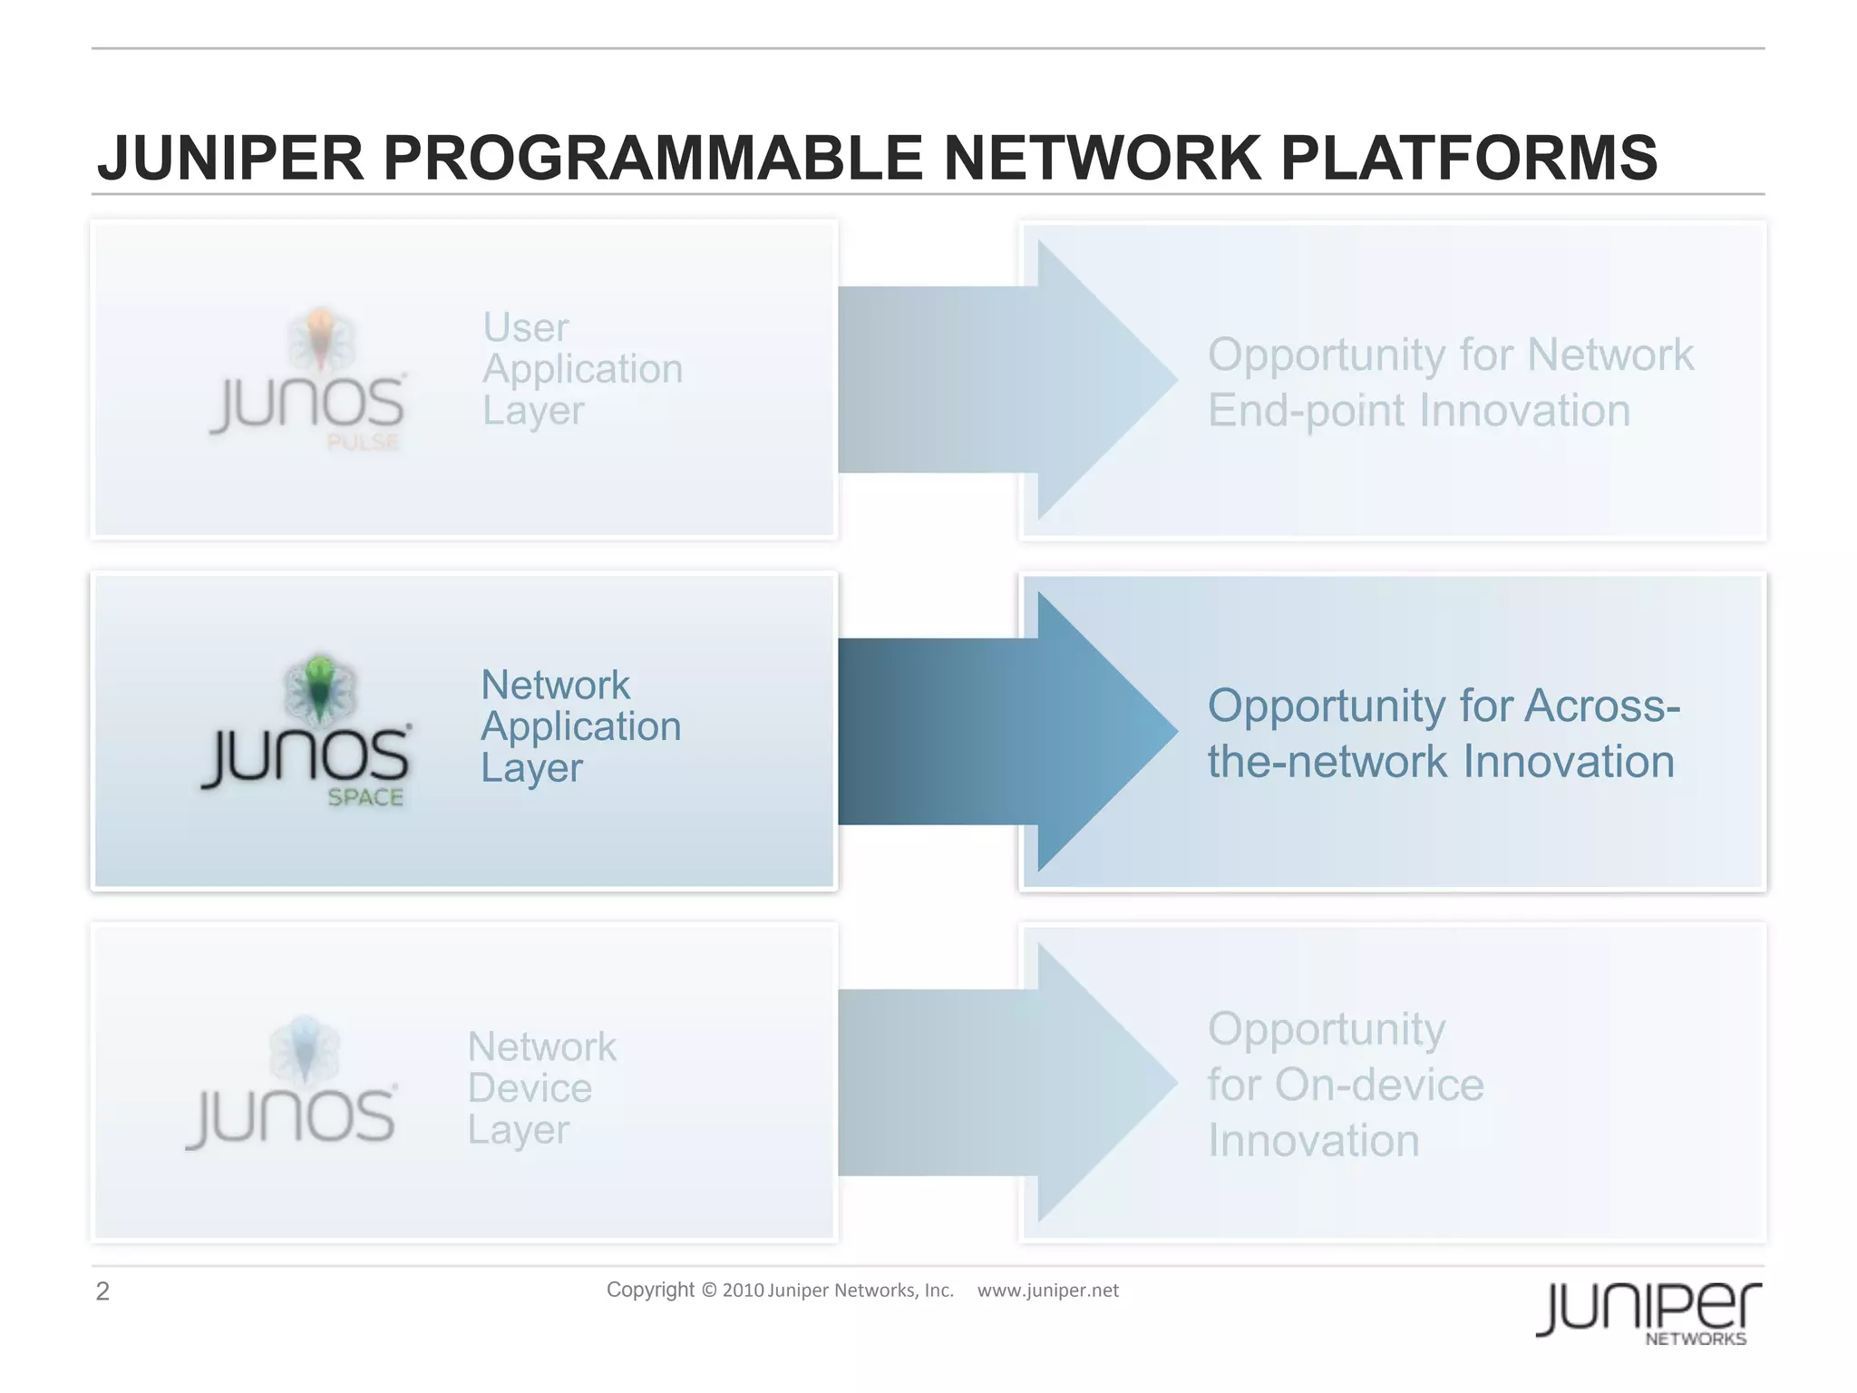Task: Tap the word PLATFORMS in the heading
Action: coord(1469,159)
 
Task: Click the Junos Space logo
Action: coord(306,731)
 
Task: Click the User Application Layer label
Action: coord(582,369)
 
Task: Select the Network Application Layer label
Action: coord(580,726)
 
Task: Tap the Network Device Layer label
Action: coord(541,1088)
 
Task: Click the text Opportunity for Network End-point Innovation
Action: coord(1450,383)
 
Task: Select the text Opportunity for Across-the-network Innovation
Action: coord(1443,734)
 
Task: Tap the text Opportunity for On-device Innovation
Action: coord(1346,1085)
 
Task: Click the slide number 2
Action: coord(102,1291)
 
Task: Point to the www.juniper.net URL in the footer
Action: coord(1047,1291)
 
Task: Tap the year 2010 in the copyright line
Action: coord(743,1291)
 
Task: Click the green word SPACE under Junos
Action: coord(365,797)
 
